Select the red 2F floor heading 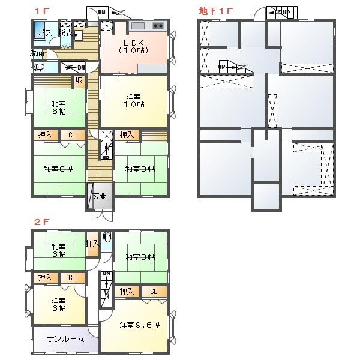click(41, 221)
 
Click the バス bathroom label click(43, 34)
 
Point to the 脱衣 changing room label click(67, 34)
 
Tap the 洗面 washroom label click(37, 53)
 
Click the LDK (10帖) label click(134, 46)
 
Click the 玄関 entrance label click(100, 196)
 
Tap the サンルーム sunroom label click(66, 339)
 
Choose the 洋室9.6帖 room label click(139, 325)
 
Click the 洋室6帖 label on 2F click(58, 305)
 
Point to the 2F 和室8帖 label click(140, 257)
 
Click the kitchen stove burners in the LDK click(158, 26)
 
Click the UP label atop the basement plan click(286, 12)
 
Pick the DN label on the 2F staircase click(106, 274)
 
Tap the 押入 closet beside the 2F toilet click(92, 244)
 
